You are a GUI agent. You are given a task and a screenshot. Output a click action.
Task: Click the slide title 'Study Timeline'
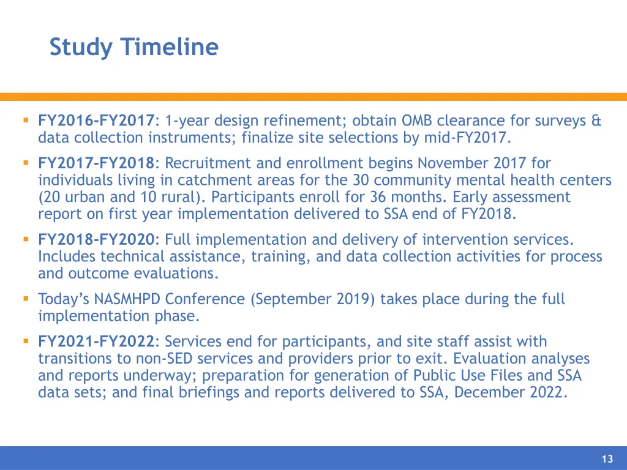tap(133, 47)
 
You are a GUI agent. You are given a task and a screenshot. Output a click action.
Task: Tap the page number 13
tap(607, 460)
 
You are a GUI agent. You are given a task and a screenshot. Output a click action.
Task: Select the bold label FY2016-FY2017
tap(97, 121)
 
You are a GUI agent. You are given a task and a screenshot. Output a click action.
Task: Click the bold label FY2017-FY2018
tap(97, 163)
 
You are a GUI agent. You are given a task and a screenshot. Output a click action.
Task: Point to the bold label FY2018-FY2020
tap(97, 240)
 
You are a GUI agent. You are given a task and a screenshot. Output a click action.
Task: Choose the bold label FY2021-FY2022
tap(97, 341)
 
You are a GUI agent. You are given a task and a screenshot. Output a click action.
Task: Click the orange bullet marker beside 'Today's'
tap(26, 299)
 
